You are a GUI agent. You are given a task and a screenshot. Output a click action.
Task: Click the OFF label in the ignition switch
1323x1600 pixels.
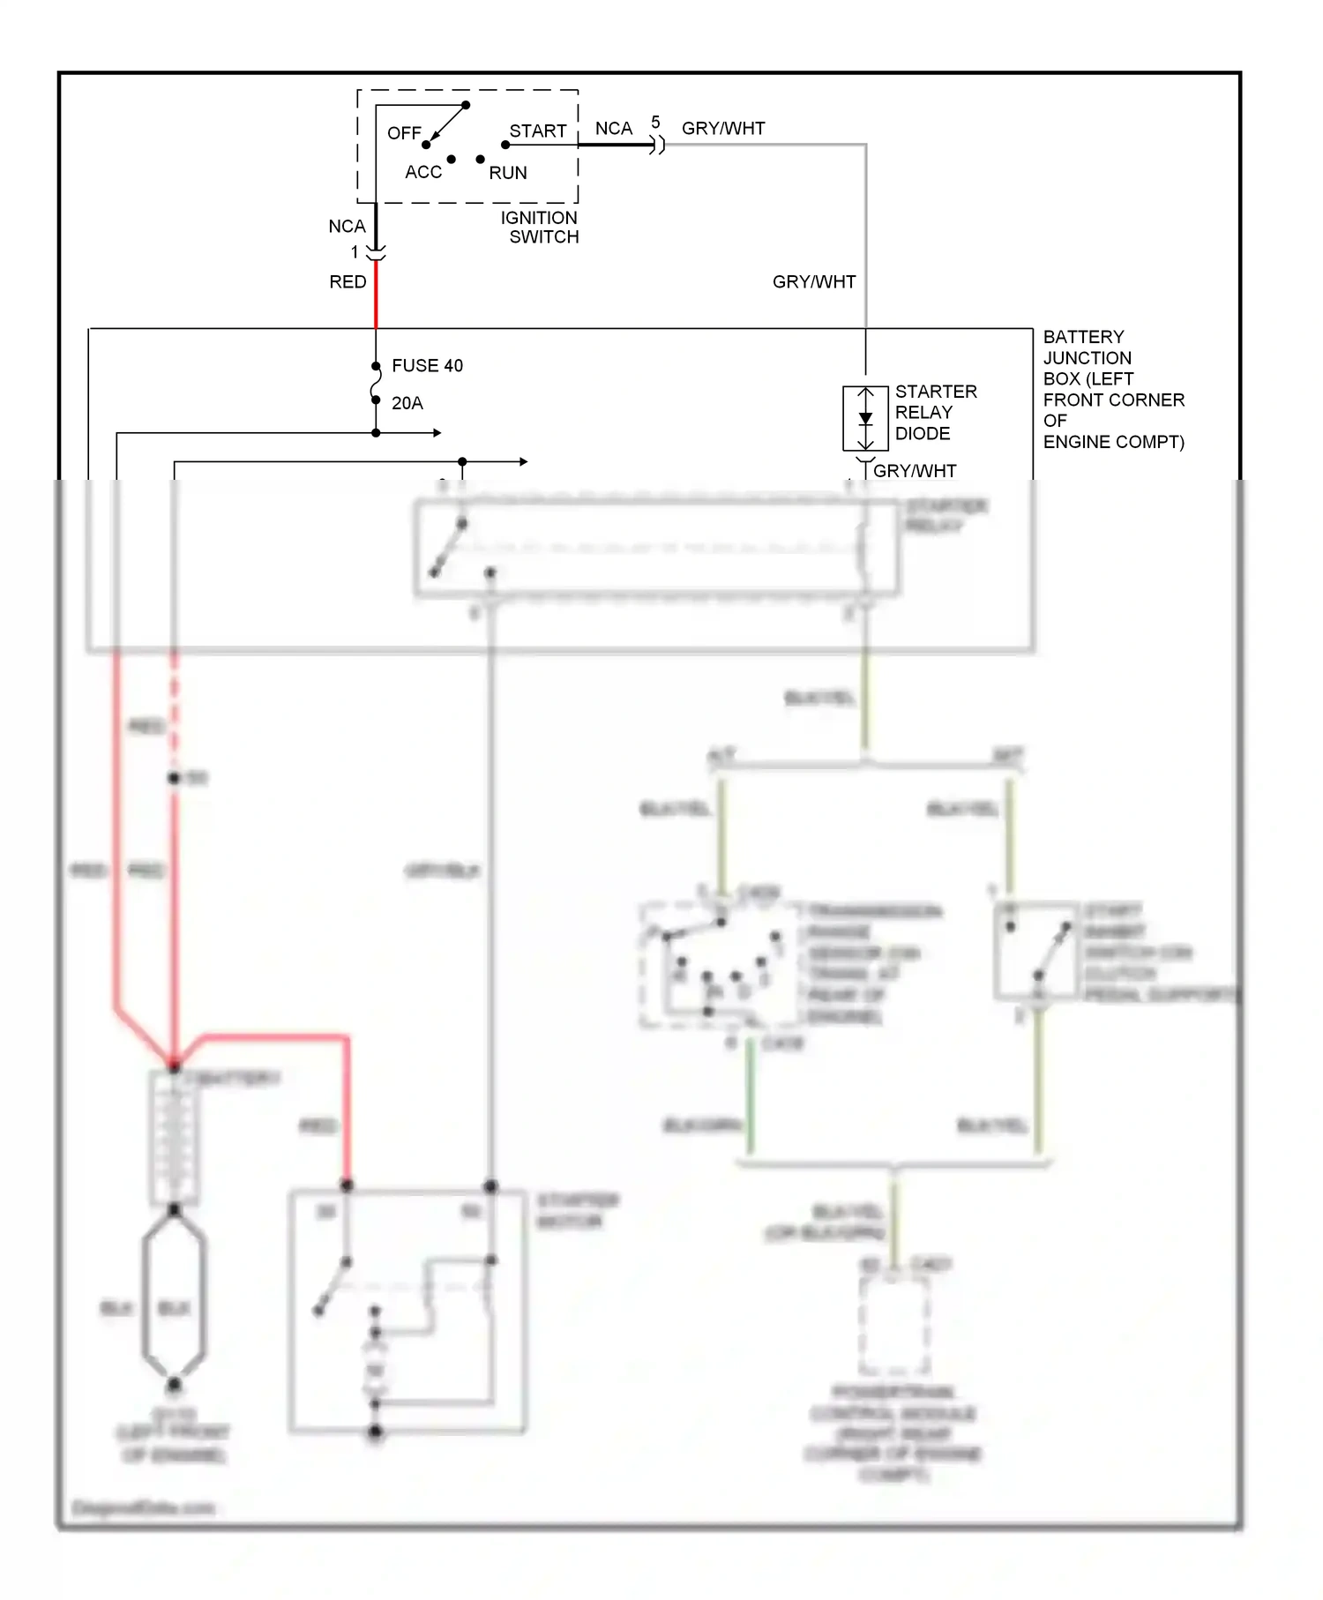click(x=404, y=133)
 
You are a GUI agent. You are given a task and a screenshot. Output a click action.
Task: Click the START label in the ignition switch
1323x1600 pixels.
click(x=537, y=131)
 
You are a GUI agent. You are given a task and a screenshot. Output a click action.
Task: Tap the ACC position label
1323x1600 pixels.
click(x=422, y=172)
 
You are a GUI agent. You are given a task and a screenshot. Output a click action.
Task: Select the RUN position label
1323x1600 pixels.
click(x=508, y=173)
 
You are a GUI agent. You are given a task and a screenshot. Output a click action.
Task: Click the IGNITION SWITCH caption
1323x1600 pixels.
click(x=540, y=228)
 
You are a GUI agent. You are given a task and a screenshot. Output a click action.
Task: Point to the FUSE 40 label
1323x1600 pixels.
click(x=427, y=366)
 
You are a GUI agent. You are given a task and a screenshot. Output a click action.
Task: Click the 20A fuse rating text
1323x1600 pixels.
click(x=407, y=403)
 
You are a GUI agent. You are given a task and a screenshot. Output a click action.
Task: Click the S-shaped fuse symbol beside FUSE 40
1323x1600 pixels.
click(x=376, y=384)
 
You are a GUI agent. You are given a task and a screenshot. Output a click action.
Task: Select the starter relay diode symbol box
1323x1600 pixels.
click(x=865, y=418)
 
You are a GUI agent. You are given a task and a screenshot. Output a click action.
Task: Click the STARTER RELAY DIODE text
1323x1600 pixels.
click(x=935, y=413)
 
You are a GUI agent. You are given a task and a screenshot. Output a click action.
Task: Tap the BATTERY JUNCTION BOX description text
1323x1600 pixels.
click(x=1113, y=389)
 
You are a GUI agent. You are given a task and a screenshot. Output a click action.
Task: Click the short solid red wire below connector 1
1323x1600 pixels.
click(x=377, y=295)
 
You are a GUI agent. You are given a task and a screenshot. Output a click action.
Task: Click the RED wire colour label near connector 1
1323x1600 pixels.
click(x=348, y=282)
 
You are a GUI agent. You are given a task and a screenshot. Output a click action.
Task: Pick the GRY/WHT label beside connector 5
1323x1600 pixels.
click(x=723, y=129)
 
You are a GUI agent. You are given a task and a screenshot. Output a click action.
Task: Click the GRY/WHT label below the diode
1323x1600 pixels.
click(x=915, y=471)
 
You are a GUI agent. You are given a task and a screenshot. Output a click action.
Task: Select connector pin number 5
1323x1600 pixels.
click(x=655, y=123)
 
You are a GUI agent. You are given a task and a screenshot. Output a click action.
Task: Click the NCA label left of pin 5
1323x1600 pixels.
click(x=613, y=129)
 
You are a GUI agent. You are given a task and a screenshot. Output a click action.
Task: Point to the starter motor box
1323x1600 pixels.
click(x=407, y=1311)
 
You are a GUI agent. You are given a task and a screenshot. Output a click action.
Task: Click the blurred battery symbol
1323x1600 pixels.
click(x=175, y=1138)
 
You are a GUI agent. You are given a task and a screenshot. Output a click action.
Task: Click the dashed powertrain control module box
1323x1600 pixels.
click(x=894, y=1323)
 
